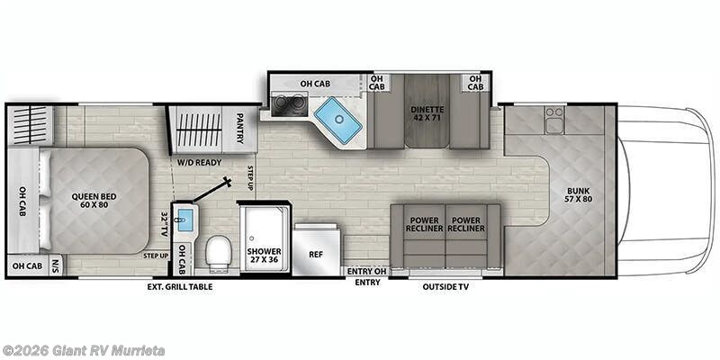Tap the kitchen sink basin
click(x=337, y=121)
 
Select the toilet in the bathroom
click(x=218, y=254)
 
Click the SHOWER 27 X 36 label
click(x=265, y=256)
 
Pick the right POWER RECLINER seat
click(x=467, y=224)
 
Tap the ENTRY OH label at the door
click(x=367, y=270)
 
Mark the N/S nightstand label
click(x=56, y=265)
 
